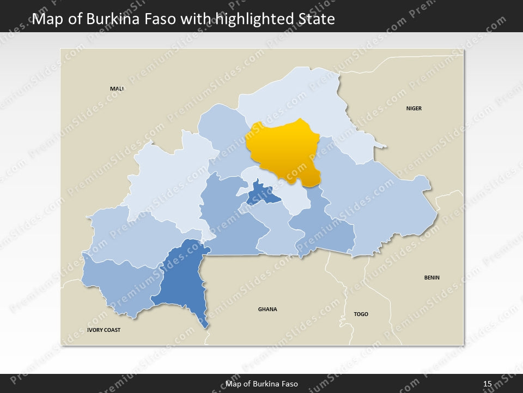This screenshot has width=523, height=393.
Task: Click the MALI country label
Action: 117,88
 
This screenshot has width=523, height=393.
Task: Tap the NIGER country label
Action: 414,109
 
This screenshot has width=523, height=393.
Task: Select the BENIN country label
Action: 432,278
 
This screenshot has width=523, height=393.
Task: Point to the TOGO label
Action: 361,314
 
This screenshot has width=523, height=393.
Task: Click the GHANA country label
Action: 267,309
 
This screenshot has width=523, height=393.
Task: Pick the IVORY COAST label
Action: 104,330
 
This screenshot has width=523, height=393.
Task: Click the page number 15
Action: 488,384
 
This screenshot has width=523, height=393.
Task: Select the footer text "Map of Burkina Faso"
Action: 261,384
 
